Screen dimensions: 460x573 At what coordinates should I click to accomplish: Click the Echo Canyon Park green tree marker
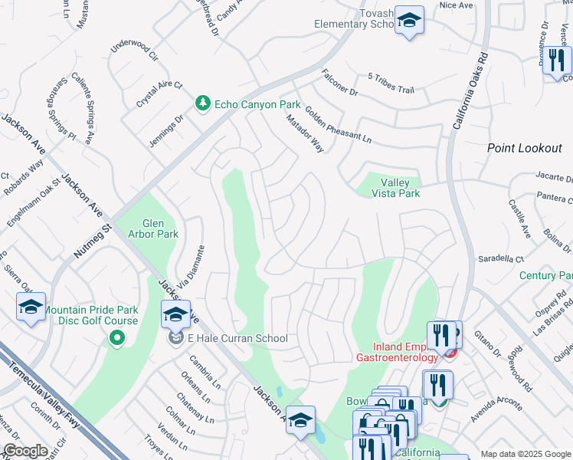point(202,103)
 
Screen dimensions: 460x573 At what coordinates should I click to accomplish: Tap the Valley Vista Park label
point(395,189)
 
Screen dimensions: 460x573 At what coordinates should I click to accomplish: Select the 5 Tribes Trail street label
point(391,84)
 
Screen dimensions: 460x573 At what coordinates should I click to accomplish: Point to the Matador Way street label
point(305,133)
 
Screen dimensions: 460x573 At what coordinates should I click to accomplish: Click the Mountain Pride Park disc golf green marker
point(116,337)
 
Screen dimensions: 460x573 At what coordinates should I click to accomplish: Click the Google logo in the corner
point(25,450)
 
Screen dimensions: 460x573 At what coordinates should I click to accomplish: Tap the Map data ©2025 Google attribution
point(526,454)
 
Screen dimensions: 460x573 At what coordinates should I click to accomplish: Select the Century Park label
point(546,275)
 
